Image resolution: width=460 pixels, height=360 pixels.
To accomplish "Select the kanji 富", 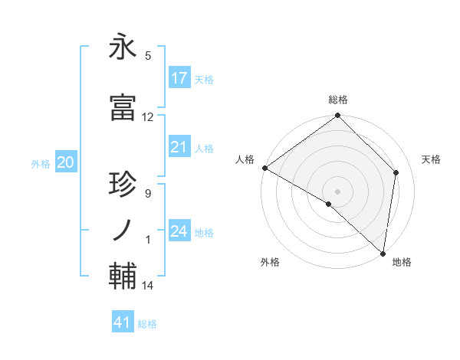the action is coord(123,109).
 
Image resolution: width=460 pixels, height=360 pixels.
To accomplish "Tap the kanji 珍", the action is coord(123,185).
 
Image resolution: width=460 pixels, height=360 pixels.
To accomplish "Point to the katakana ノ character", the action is coord(123,231).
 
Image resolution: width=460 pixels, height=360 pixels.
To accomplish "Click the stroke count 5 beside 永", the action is coord(148,56).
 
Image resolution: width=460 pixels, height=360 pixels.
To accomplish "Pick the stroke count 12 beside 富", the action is coord(148,117).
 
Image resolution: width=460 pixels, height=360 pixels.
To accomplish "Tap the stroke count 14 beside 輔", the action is coord(148,286).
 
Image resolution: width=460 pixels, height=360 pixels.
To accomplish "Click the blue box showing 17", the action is coord(179,77).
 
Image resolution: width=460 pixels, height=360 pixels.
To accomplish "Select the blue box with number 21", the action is coord(179,147).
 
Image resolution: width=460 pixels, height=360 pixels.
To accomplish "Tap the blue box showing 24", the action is coord(179,231).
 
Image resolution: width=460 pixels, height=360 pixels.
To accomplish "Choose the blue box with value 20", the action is coord(66,162).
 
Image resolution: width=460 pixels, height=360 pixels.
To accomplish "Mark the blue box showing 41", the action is coord(123,322).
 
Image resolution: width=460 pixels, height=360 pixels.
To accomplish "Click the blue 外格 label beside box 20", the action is coord(41,163).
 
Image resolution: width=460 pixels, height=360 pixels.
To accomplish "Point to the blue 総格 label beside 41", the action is coord(147,324).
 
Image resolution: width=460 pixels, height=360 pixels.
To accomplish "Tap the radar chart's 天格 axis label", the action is coord(431,159).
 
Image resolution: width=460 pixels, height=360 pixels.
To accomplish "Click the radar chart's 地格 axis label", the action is coord(402,262).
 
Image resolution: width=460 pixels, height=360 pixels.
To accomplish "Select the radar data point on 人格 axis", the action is coord(264,168).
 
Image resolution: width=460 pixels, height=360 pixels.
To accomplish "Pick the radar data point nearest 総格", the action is coord(337,116).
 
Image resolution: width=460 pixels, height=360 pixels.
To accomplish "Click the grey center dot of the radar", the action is coord(337,190).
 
